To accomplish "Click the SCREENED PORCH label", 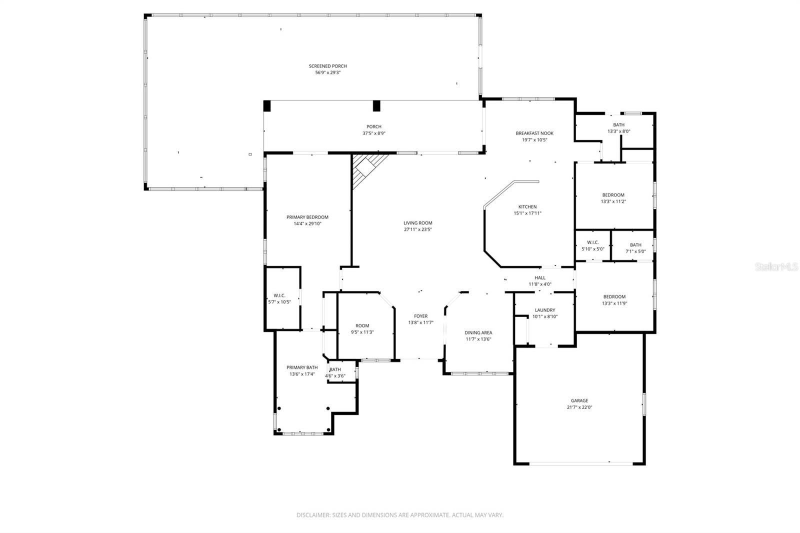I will tap(327, 66).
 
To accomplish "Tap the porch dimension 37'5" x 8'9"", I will tap(373, 133).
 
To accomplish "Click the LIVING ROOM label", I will tap(417, 223).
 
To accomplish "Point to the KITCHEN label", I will tap(527, 206).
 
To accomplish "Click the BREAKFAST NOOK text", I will tap(534, 133).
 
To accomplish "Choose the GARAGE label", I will tap(579, 400).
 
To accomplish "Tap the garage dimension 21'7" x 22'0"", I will tap(579, 407).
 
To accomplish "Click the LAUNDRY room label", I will tap(544, 310).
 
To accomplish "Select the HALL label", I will tap(539, 277).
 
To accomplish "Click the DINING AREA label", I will tap(478, 332).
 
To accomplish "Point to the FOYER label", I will tap(420, 316).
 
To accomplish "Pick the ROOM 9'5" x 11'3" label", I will tap(362, 326).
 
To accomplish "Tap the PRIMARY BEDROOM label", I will tap(307, 217).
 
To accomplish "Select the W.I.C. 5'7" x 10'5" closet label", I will tap(279, 295).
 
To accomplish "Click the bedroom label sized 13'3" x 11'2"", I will tap(613, 195).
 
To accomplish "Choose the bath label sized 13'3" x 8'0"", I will tap(618, 125).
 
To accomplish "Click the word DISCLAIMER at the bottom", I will tap(312, 515).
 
